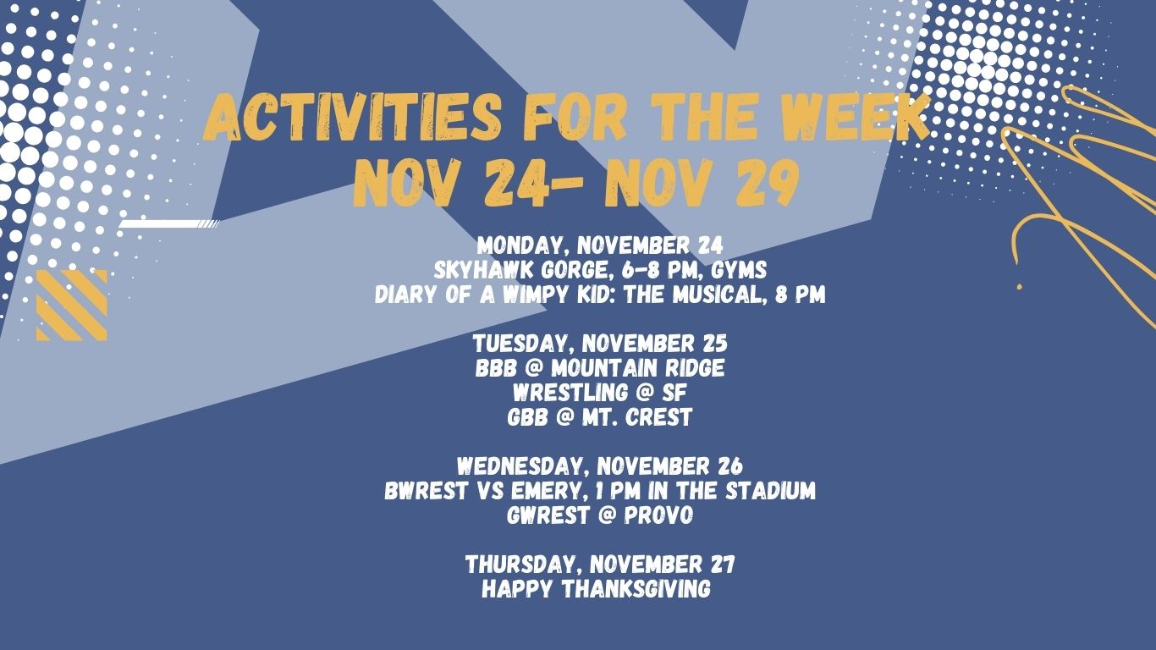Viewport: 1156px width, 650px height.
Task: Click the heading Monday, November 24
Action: click(600, 245)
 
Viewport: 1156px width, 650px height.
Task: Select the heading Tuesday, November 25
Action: click(600, 344)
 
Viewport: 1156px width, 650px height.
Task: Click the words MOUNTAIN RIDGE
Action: click(638, 369)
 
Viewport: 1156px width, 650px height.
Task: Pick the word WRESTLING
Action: click(570, 394)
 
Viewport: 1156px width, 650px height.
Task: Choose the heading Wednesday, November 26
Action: click(600, 466)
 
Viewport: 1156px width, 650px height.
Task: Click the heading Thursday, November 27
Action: click(600, 565)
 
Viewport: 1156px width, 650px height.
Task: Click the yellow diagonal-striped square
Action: click(72, 306)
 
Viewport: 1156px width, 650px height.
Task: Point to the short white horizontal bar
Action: click(169, 223)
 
